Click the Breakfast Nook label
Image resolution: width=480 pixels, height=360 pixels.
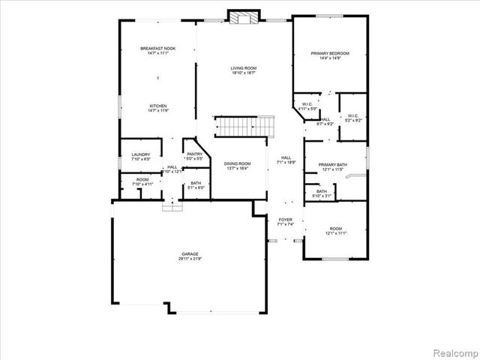point(157,49)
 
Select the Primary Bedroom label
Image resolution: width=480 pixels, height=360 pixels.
point(331,53)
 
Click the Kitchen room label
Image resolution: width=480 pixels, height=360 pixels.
point(157,106)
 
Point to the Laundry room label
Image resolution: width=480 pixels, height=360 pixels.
point(141,154)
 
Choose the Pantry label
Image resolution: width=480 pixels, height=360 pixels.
point(194,154)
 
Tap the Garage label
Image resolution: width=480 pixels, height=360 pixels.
point(189,254)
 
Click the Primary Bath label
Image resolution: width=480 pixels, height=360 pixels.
point(332,165)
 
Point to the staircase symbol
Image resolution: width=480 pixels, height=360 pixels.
point(242,127)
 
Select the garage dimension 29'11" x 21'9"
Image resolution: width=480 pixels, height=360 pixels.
point(189,259)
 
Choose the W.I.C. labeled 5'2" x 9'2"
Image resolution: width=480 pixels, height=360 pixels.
point(353,118)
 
